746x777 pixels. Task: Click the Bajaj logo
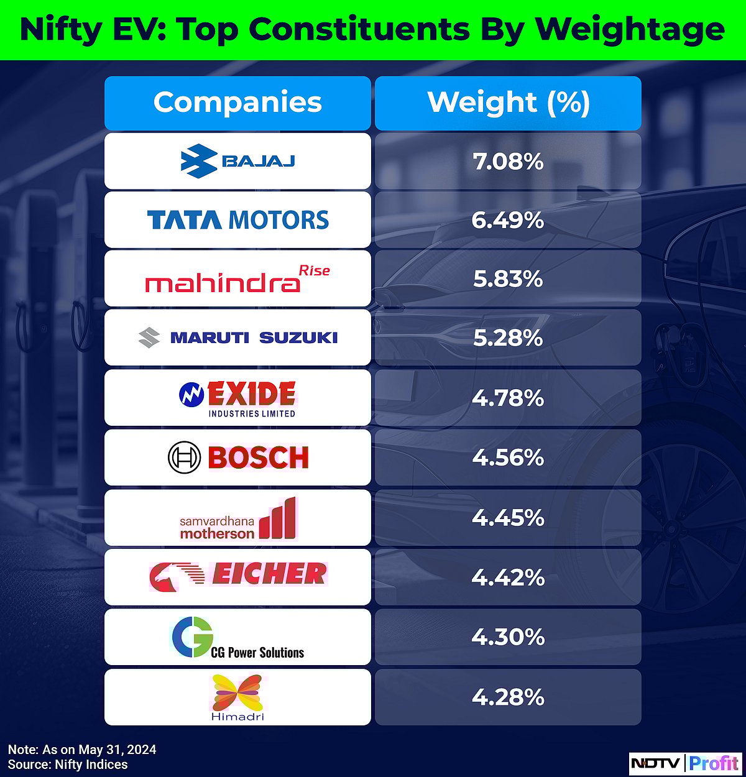pyautogui.click(x=237, y=161)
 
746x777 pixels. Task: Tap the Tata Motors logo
pyautogui.click(x=237, y=220)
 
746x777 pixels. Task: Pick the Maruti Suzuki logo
pyautogui.click(x=237, y=338)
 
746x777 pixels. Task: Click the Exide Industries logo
pyautogui.click(x=237, y=398)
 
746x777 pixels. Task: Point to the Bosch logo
pyautogui.click(x=237, y=457)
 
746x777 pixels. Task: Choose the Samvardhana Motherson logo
pyautogui.click(x=237, y=518)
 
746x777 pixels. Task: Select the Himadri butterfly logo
pyautogui.click(x=237, y=696)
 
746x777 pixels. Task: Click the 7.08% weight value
pyautogui.click(x=508, y=162)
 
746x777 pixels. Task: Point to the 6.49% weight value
pyautogui.click(x=508, y=220)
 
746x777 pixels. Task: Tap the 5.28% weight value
pyautogui.click(x=508, y=338)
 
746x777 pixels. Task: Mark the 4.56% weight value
pyautogui.click(x=508, y=457)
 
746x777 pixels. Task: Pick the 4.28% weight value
pyautogui.click(x=508, y=697)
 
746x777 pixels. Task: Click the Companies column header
pyautogui.click(x=237, y=103)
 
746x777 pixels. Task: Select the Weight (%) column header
pyautogui.click(x=508, y=103)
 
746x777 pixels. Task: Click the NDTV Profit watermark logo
pyautogui.click(x=684, y=762)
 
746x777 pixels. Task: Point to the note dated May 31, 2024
pyautogui.click(x=82, y=750)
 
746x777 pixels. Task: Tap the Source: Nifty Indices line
pyautogui.click(x=68, y=765)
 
